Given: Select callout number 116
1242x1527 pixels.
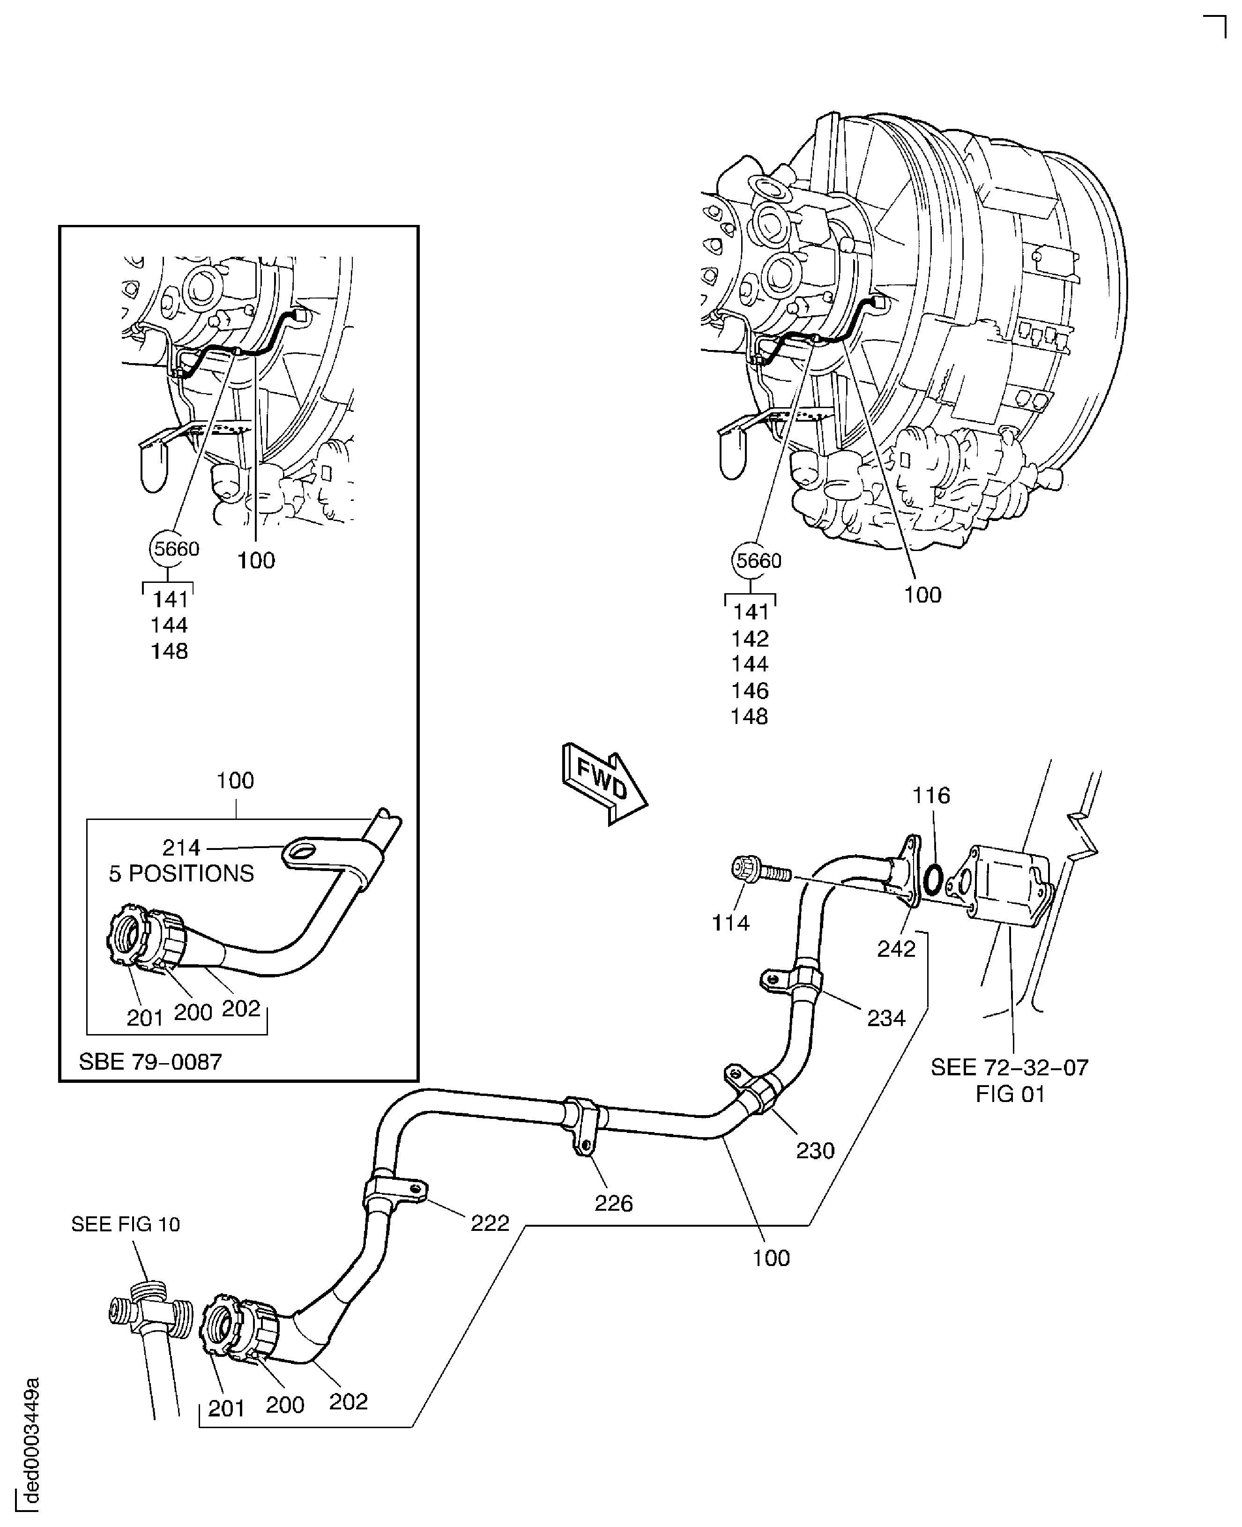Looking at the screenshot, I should click(x=931, y=796).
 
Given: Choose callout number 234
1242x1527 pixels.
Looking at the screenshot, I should click(x=886, y=1018).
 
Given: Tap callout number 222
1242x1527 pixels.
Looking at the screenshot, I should click(x=490, y=1223).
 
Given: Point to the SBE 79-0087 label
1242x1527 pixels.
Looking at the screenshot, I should click(x=150, y=1061).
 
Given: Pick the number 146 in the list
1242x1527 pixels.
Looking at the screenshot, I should click(x=749, y=691).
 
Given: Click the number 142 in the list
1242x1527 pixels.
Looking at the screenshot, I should click(x=749, y=638).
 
